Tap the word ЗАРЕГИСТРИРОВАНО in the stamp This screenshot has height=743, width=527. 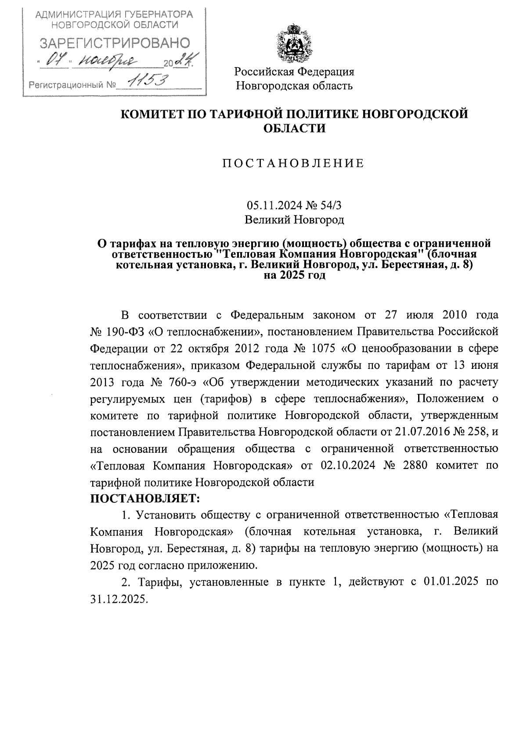(x=115, y=43)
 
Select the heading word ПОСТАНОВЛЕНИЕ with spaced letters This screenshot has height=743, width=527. (x=293, y=164)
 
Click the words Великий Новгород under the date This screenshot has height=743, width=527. (x=294, y=219)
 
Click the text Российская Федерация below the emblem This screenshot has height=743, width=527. (x=294, y=71)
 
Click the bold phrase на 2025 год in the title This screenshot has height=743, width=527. (x=294, y=276)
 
